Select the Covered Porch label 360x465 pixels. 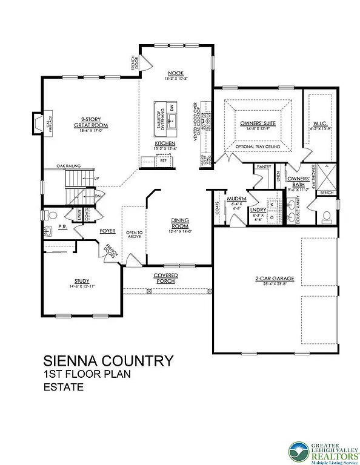tap(165, 278)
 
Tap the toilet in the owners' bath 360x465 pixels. tap(326, 215)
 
